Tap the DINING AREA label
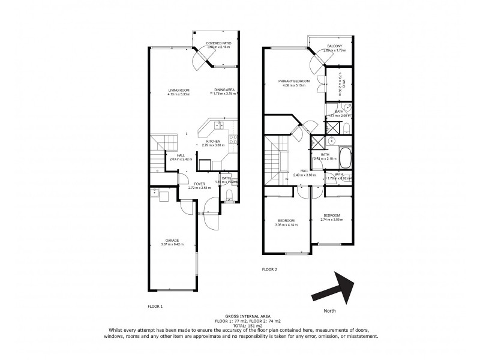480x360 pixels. pyautogui.click(x=224, y=90)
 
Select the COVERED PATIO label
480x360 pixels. pyautogui.click(x=218, y=43)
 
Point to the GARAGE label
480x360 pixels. pyautogui.click(x=170, y=241)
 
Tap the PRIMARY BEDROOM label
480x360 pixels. pyautogui.click(x=293, y=81)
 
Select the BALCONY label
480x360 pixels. pyautogui.click(x=335, y=47)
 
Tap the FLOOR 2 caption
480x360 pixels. pyautogui.click(x=269, y=270)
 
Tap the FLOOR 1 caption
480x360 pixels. pyautogui.click(x=155, y=306)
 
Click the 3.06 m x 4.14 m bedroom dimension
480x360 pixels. pyautogui.click(x=286, y=224)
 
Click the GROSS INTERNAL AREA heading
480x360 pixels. pyautogui.click(x=242, y=315)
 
